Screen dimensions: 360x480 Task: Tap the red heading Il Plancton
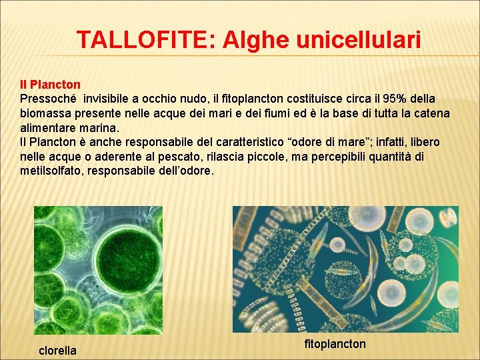coord(50,85)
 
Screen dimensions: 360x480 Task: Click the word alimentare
coord(49,127)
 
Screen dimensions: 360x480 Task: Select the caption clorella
coord(57,351)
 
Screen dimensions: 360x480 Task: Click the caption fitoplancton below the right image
coord(335,344)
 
